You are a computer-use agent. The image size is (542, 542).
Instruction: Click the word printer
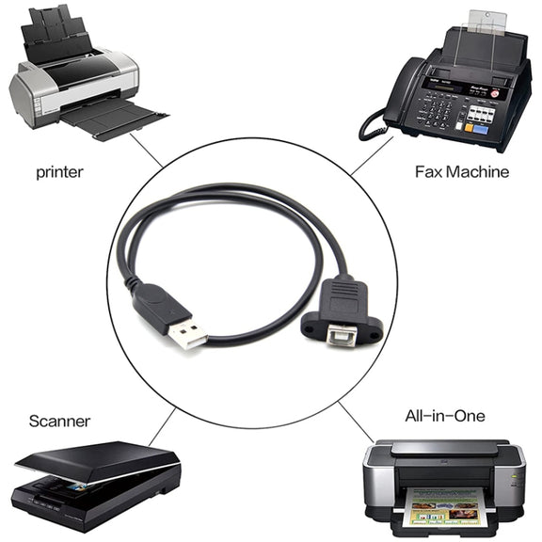[x=59, y=172]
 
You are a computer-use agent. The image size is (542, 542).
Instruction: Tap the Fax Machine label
[x=462, y=172]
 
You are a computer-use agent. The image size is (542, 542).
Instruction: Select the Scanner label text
[x=59, y=421]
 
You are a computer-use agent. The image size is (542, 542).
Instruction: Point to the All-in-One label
[x=445, y=416]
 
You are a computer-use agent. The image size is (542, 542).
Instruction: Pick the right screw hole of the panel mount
[x=374, y=335]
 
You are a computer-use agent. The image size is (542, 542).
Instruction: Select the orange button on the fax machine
[x=469, y=127]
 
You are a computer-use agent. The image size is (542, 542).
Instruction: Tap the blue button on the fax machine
[x=481, y=130]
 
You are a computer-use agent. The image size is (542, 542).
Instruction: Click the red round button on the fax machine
[x=495, y=93]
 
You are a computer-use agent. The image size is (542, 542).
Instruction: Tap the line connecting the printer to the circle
[x=146, y=151]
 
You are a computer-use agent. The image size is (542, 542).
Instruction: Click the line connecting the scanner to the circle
[x=162, y=427]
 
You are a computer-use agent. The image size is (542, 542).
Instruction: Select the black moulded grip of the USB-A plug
[x=161, y=304]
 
